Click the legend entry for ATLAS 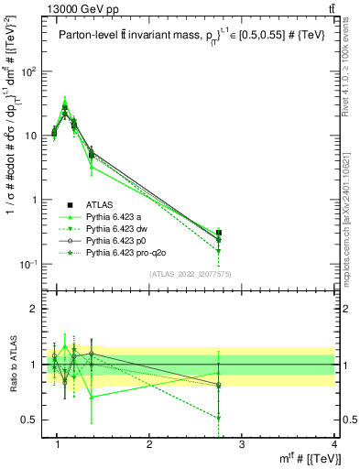pyautogui.click(x=96, y=204)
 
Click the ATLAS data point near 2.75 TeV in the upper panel pyautogui.click(x=218, y=233)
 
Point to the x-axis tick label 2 pyautogui.click(x=149, y=444)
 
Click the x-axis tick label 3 pyautogui.click(x=241, y=444)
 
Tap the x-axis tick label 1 pyautogui.click(x=58, y=444)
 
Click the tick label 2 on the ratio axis pyautogui.click(x=35, y=309)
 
